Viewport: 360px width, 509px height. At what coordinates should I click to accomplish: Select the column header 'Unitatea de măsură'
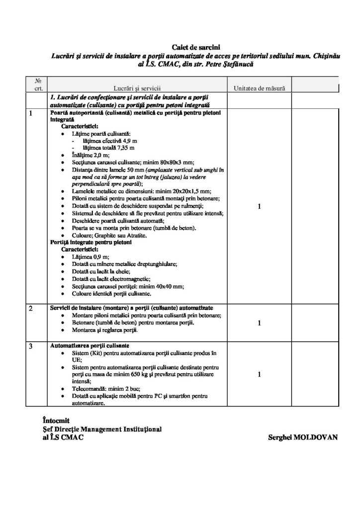tap(259, 87)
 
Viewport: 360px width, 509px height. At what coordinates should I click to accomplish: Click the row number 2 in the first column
tap(31, 309)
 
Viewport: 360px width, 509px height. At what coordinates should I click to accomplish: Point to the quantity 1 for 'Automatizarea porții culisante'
tap(259, 374)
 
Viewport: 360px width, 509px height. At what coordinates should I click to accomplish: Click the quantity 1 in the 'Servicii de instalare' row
tap(259, 323)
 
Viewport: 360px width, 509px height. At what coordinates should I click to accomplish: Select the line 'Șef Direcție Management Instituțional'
tap(102, 429)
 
